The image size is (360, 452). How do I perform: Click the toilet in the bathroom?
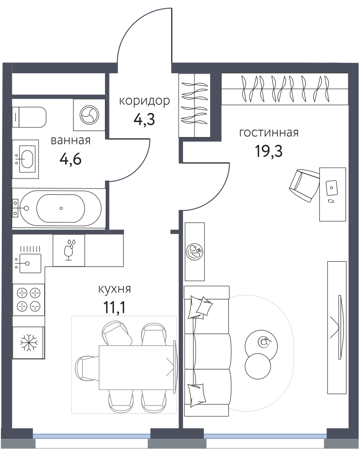[x=29, y=117]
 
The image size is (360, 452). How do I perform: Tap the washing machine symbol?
[x=89, y=115]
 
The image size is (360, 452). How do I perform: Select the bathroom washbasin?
[x=26, y=159]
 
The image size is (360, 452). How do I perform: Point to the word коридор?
[x=145, y=101]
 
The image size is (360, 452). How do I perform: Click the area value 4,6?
[x=71, y=159]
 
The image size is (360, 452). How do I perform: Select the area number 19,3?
[x=269, y=151]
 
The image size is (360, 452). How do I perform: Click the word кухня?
[x=114, y=289]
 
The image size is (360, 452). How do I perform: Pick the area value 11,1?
[x=114, y=307]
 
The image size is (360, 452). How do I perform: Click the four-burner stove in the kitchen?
[x=28, y=300]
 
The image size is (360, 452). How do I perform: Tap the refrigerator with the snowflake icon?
[x=28, y=343]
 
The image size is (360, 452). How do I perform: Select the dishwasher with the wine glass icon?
[x=69, y=250]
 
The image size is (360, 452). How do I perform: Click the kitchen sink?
[x=28, y=263]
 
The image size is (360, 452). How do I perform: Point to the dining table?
[x=137, y=367]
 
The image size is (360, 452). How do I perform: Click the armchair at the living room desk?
[x=304, y=185]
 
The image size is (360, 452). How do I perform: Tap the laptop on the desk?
[x=332, y=188]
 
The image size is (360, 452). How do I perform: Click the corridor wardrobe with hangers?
[x=194, y=105]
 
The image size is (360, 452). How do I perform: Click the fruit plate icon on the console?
[x=195, y=252]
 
